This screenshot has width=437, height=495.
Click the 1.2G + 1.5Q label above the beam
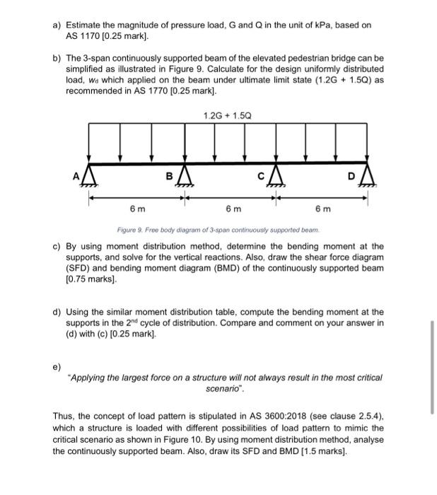(x=226, y=115)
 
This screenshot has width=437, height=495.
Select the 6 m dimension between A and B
(x=137, y=209)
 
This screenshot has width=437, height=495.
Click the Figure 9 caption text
(x=218, y=231)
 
